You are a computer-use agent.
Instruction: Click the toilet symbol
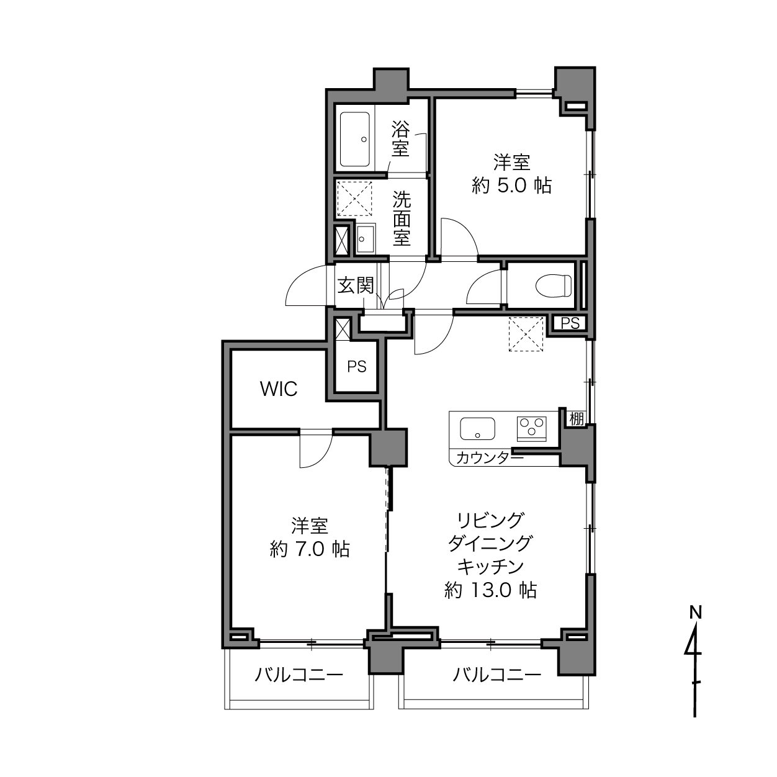554,285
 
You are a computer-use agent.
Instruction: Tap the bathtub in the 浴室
355,139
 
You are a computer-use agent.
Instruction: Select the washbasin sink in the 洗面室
366,239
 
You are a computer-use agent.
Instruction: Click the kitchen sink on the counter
477,429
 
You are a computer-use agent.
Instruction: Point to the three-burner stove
531,429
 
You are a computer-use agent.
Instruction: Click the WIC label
279,388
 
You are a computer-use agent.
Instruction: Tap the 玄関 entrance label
356,285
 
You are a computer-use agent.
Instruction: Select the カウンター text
490,457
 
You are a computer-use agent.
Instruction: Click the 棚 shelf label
576,420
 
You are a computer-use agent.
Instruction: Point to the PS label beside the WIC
357,367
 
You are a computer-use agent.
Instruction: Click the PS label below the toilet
570,323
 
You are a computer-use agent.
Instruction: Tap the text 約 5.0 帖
511,186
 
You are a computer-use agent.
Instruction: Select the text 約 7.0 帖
310,549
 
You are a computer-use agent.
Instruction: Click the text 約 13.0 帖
490,591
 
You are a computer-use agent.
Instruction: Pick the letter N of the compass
696,613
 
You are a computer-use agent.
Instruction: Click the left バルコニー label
299,675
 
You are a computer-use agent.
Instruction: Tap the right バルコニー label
496,675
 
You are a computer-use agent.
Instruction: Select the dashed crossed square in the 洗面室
354,199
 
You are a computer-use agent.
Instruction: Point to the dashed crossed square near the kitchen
526,335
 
